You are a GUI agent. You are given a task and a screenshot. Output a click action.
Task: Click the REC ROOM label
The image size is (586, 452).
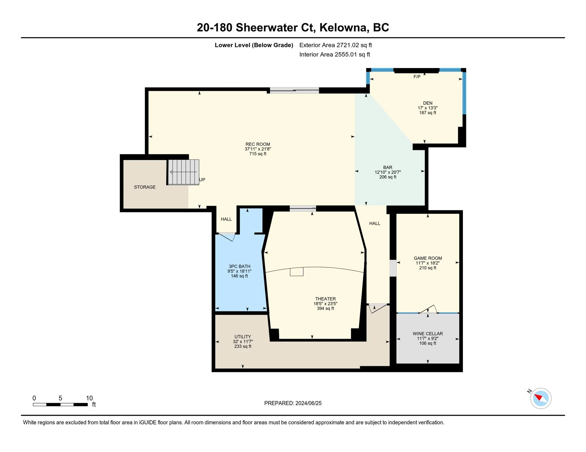tap(258, 144)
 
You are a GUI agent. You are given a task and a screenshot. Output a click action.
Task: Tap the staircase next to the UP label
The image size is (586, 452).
tap(183, 172)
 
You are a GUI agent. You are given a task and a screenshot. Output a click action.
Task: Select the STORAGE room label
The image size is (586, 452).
tap(145, 187)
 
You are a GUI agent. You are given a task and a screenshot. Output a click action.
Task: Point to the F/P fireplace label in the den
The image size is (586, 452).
tap(417, 77)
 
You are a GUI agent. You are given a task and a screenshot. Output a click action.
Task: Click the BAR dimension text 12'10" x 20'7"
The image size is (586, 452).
tap(388, 172)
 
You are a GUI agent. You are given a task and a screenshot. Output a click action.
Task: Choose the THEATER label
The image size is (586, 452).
tap(325, 299)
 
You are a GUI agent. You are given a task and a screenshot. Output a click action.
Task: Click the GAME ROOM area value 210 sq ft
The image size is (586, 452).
tap(428, 268)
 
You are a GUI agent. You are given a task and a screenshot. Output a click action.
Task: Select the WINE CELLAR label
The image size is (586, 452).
tap(428, 333)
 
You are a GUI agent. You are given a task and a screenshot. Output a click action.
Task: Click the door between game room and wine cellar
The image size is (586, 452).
tap(428, 309)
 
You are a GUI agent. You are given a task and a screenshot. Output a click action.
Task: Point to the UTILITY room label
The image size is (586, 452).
tap(243, 337)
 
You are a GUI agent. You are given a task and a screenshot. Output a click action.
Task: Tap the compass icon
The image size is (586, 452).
tap(541, 398)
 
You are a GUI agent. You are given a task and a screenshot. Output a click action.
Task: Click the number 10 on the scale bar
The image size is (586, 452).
tap(89, 398)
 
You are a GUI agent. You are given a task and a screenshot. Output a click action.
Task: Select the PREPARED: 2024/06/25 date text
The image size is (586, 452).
tap(293, 403)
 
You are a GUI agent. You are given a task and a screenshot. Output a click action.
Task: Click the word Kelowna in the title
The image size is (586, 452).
tap(343, 27)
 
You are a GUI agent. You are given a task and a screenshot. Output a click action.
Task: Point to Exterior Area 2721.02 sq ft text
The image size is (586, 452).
tap(336, 45)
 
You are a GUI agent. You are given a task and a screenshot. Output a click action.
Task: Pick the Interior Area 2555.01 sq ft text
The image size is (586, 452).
tap(334, 55)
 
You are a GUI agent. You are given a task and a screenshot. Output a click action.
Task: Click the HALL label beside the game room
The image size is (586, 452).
tap(375, 223)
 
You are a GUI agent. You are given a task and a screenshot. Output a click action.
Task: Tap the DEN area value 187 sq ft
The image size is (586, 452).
tap(428, 113)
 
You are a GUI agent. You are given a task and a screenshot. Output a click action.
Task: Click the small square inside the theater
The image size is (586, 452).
tap(296, 272)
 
